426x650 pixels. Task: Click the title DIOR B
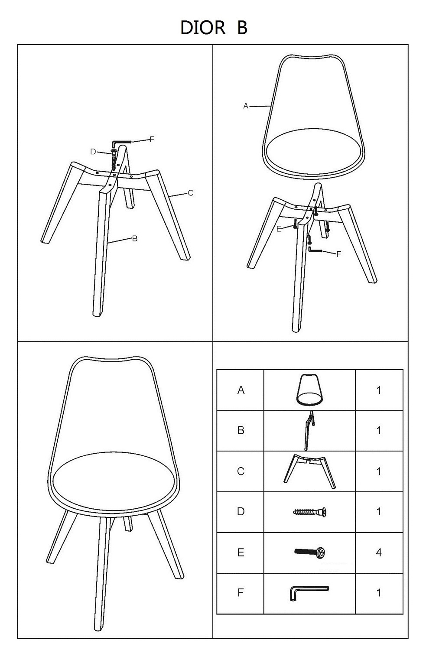click(x=214, y=28)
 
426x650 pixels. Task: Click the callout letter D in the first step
click(x=93, y=152)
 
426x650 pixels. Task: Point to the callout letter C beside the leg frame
click(x=190, y=193)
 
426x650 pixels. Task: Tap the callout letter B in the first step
click(x=135, y=239)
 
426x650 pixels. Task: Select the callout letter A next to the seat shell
click(x=246, y=106)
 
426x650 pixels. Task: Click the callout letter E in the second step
click(x=279, y=229)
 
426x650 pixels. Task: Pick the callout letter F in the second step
click(x=338, y=254)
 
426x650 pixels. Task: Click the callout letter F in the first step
click(x=152, y=140)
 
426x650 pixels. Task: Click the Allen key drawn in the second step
click(x=315, y=250)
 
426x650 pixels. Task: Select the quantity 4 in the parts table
click(x=379, y=552)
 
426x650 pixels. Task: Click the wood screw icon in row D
click(x=309, y=512)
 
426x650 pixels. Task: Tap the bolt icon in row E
click(x=309, y=552)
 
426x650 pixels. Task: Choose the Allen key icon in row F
click(x=309, y=593)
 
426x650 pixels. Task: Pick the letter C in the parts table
click(x=241, y=471)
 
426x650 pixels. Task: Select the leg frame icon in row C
click(x=309, y=471)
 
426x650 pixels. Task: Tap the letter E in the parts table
click(x=241, y=552)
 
